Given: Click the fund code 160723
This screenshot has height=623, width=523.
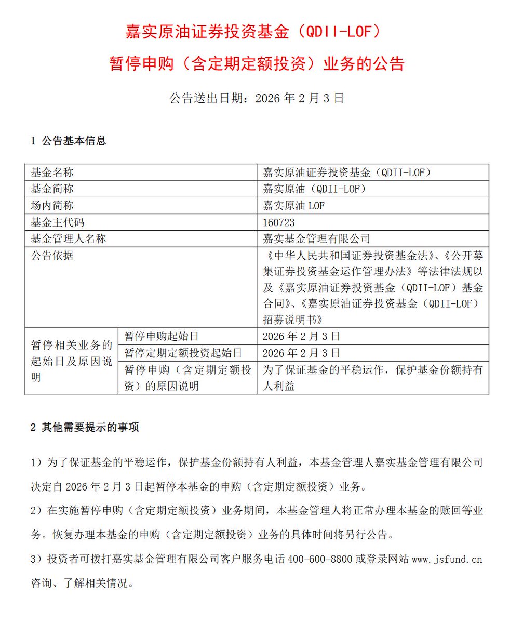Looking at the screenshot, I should coord(279,222).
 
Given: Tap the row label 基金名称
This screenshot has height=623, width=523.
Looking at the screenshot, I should coord(52,173).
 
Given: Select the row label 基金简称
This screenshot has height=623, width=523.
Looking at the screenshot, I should coord(52,189).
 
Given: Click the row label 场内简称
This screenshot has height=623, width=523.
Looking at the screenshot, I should coord(52,206).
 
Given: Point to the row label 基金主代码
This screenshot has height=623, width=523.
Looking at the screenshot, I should coord(57,222).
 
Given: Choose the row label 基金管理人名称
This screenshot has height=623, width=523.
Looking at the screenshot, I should coord(68,239).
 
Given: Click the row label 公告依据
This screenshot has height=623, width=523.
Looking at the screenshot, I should coord(52,256).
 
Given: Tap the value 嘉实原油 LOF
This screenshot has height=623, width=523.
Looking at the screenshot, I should coord(294,206).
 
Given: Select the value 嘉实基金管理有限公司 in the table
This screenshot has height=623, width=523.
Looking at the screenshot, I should coord(317,239).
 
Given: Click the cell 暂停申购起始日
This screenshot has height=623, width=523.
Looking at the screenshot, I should coord(162,336).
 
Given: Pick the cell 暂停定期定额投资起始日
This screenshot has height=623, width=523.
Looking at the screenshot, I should coord(183,353).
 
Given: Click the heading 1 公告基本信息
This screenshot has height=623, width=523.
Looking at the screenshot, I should coord(69,141).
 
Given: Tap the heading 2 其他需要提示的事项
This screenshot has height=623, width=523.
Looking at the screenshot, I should coord(85,428).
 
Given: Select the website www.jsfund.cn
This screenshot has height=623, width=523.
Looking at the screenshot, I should coord(447,560).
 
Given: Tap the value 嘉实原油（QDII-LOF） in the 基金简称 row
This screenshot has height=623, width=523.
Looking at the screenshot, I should coord(315,189).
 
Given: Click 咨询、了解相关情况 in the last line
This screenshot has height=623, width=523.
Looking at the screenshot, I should coord(83,584).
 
